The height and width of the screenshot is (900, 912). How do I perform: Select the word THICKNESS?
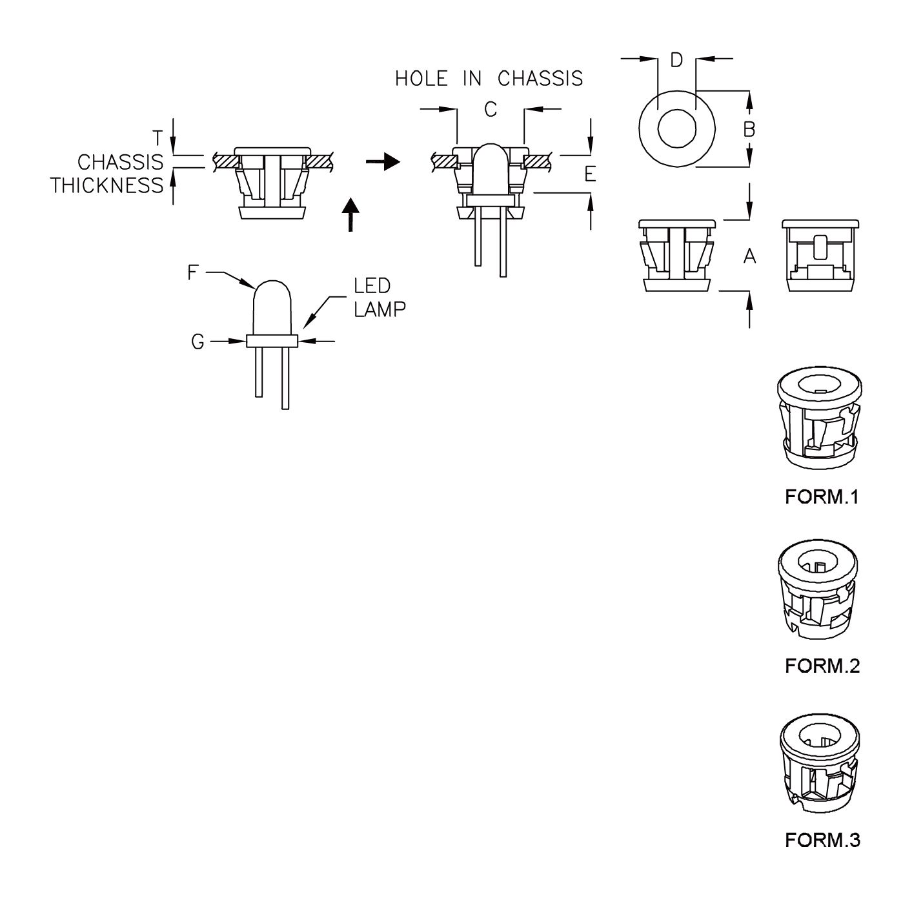pyautogui.click(x=107, y=186)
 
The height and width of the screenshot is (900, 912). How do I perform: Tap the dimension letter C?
pyautogui.click(x=491, y=110)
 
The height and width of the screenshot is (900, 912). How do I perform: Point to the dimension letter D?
pyautogui.click(x=676, y=60)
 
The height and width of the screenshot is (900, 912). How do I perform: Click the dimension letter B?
pyautogui.click(x=749, y=130)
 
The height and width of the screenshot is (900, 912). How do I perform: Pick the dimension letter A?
pyautogui.click(x=749, y=257)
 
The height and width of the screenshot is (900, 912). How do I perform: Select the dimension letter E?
pyautogui.click(x=590, y=174)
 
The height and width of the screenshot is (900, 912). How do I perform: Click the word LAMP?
pyautogui.click(x=380, y=309)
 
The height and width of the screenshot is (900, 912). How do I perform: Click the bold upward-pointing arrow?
pyautogui.click(x=349, y=214)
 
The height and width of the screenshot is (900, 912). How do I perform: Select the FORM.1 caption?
pyautogui.click(x=822, y=497)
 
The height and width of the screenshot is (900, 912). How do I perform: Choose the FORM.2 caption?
pyautogui.click(x=822, y=666)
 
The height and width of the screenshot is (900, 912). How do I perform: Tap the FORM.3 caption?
pyautogui.click(x=822, y=840)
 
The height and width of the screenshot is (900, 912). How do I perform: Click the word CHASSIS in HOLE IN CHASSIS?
pyautogui.click(x=540, y=79)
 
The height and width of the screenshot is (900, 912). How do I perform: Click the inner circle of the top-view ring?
pyautogui.click(x=676, y=129)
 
